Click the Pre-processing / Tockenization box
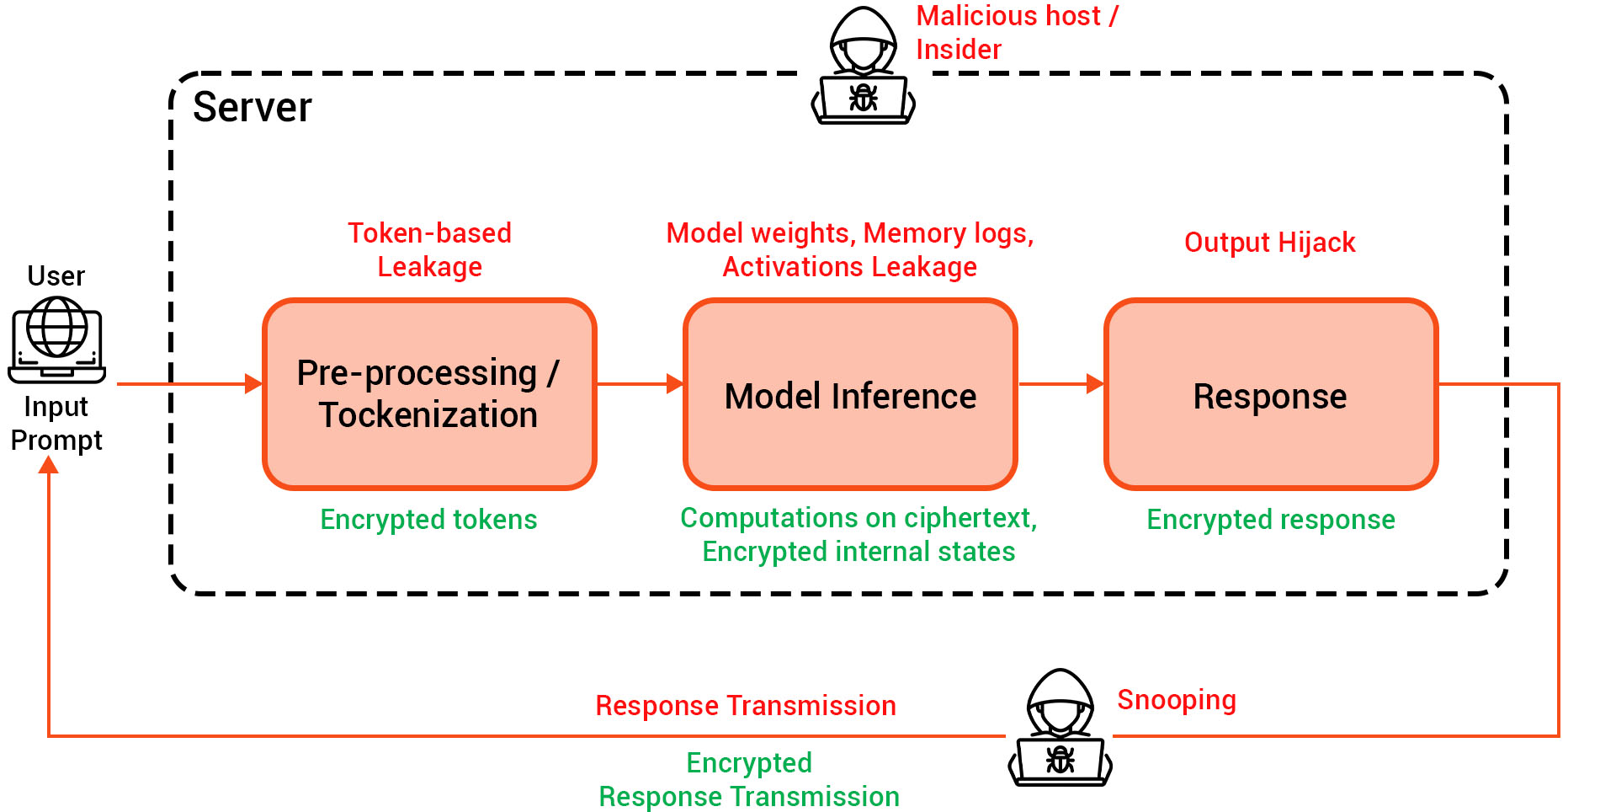tap(429, 393)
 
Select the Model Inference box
tap(850, 393)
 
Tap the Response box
tap(1270, 393)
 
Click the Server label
tap(252, 107)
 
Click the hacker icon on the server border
tap(863, 67)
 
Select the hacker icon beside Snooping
tap(1060, 729)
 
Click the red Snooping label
tap(1176, 700)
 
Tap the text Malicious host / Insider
tap(1016, 32)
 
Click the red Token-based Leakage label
tap(429, 249)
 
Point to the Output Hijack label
tap(1269, 243)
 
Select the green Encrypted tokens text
tap(428, 519)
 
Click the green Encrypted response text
tap(1270, 519)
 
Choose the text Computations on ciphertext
tap(858, 517)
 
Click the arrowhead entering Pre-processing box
tap(253, 384)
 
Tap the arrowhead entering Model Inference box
tap(674, 384)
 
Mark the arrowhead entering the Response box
tap(1094, 384)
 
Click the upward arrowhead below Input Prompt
tap(49, 465)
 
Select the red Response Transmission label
tap(745, 705)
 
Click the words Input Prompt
tap(56, 423)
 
